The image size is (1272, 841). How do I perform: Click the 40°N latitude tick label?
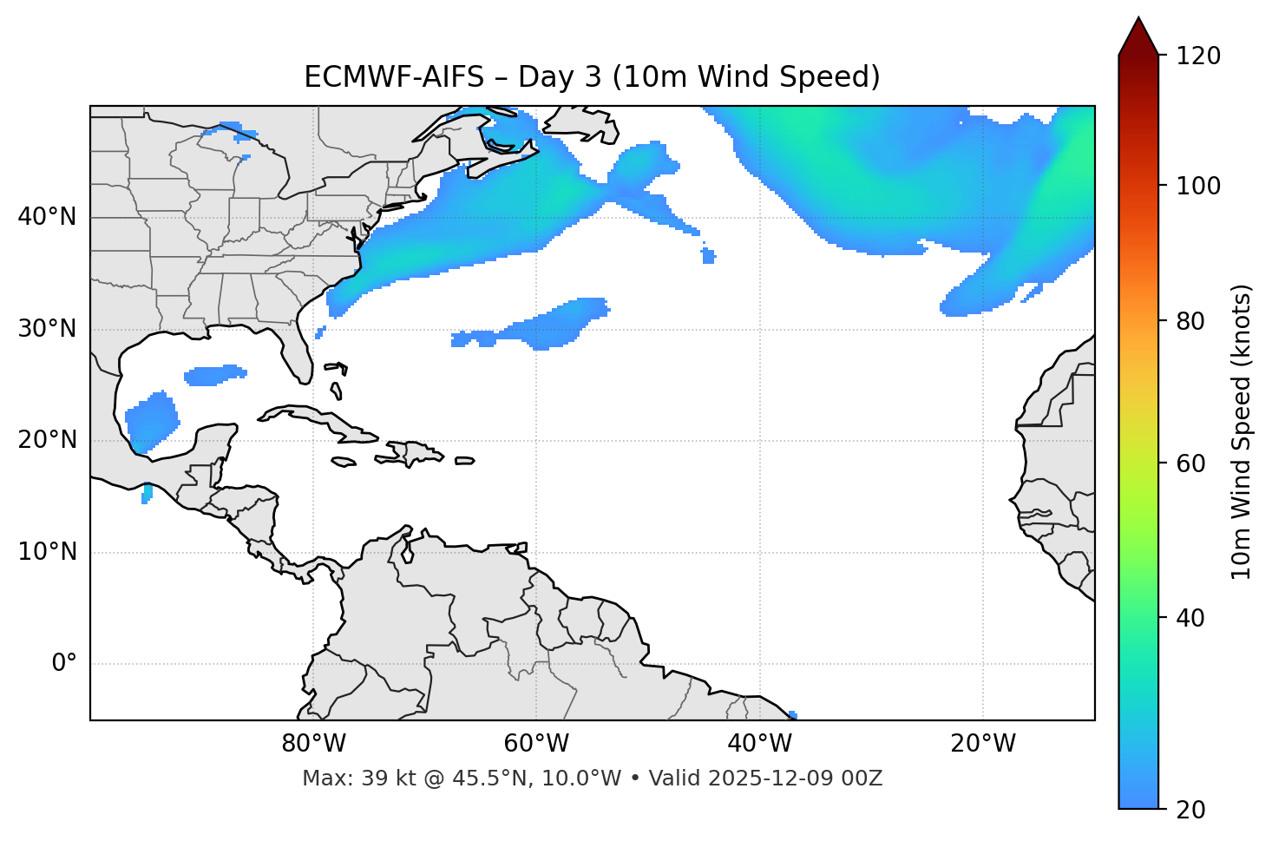(47, 217)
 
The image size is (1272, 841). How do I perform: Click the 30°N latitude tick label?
(47, 329)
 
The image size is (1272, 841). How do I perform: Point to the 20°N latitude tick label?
(47, 440)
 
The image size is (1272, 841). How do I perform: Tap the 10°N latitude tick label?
(47, 552)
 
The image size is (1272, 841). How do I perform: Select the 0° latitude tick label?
(64, 664)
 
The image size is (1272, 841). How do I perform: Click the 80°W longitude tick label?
(313, 744)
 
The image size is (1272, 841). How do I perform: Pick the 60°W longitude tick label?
(536, 744)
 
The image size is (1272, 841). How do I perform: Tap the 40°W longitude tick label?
(759, 744)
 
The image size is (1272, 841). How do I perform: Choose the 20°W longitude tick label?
(983, 744)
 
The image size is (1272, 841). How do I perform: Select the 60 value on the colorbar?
(1192, 463)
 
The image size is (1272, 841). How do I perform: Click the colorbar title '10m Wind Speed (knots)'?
(1242, 431)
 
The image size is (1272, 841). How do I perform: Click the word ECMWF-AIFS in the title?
(393, 77)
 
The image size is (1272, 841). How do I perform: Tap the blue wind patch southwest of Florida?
(214, 375)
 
